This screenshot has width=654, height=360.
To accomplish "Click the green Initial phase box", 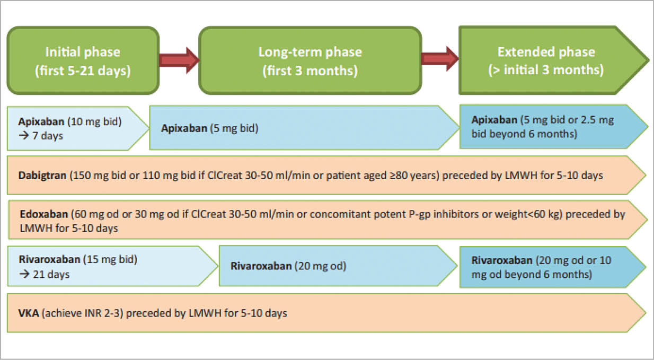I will pos(82,61).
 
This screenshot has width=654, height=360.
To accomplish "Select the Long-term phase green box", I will pos(310,61).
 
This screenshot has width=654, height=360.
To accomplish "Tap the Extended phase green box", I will pos(546,61).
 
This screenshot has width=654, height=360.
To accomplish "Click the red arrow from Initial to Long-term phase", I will pos(179,58).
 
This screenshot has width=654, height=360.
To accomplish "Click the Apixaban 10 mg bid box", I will pos(74,128).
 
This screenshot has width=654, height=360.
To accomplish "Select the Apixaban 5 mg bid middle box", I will pos(302,128).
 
